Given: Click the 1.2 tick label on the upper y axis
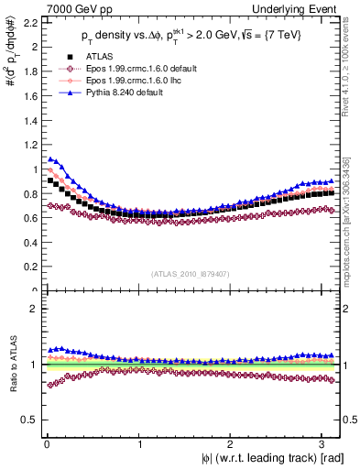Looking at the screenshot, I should point(26,143).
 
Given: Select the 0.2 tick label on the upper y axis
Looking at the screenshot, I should point(26,267).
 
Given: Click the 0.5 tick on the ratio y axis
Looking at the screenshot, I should point(26,420).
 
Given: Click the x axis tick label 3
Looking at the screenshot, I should point(324,443).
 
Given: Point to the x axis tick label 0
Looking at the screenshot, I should point(45,443).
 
